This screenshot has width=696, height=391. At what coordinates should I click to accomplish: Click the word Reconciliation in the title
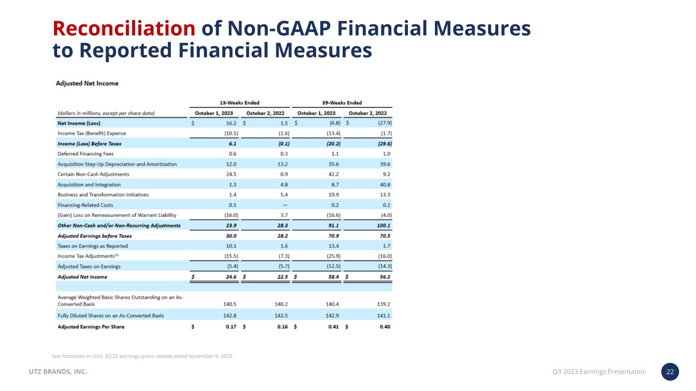pyautogui.click(x=124, y=29)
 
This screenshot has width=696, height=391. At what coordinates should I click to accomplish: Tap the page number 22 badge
pyautogui.click(x=671, y=372)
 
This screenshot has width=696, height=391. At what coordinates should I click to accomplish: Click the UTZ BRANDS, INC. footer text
pyautogui.click(x=57, y=372)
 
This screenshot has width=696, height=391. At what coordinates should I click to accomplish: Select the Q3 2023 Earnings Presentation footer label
pyautogui.click(x=599, y=372)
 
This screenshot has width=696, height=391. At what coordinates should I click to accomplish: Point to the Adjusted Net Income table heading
pyautogui.click(x=87, y=83)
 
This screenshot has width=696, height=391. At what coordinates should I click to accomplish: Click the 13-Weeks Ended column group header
pyautogui.click(x=240, y=103)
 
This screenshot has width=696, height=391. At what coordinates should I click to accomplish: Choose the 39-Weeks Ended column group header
pyautogui.click(x=342, y=103)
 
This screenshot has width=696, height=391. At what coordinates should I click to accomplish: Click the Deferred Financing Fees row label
pyautogui.click(x=86, y=154)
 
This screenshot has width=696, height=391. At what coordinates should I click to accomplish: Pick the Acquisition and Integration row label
pyautogui.click(x=89, y=184)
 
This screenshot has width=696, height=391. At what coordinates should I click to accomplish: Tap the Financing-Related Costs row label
pyautogui.click(x=85, y=205)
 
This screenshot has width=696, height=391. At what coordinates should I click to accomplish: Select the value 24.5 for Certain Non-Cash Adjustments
pyautogui.click(x=233, y=174)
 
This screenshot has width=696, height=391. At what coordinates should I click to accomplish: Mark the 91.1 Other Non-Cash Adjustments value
pyautogui.click(x=334, y=225)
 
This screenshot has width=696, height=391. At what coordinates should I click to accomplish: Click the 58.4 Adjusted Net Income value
pyautogui.click(x=334, y=277)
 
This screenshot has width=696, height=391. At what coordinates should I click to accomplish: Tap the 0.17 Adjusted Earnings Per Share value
pyautogui.click(x=231, y=326)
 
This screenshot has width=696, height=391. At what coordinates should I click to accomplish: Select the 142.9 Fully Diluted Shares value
pyautogui.click(x=333, y=316)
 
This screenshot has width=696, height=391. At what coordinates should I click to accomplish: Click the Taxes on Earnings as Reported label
pyautogui.click(x=93, y=246)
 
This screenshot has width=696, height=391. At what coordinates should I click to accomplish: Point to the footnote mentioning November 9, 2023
pyautogui.click(x=143, y=356)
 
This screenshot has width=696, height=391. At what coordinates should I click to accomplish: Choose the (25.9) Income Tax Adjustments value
pyautogui.click(x=332, y=256)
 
